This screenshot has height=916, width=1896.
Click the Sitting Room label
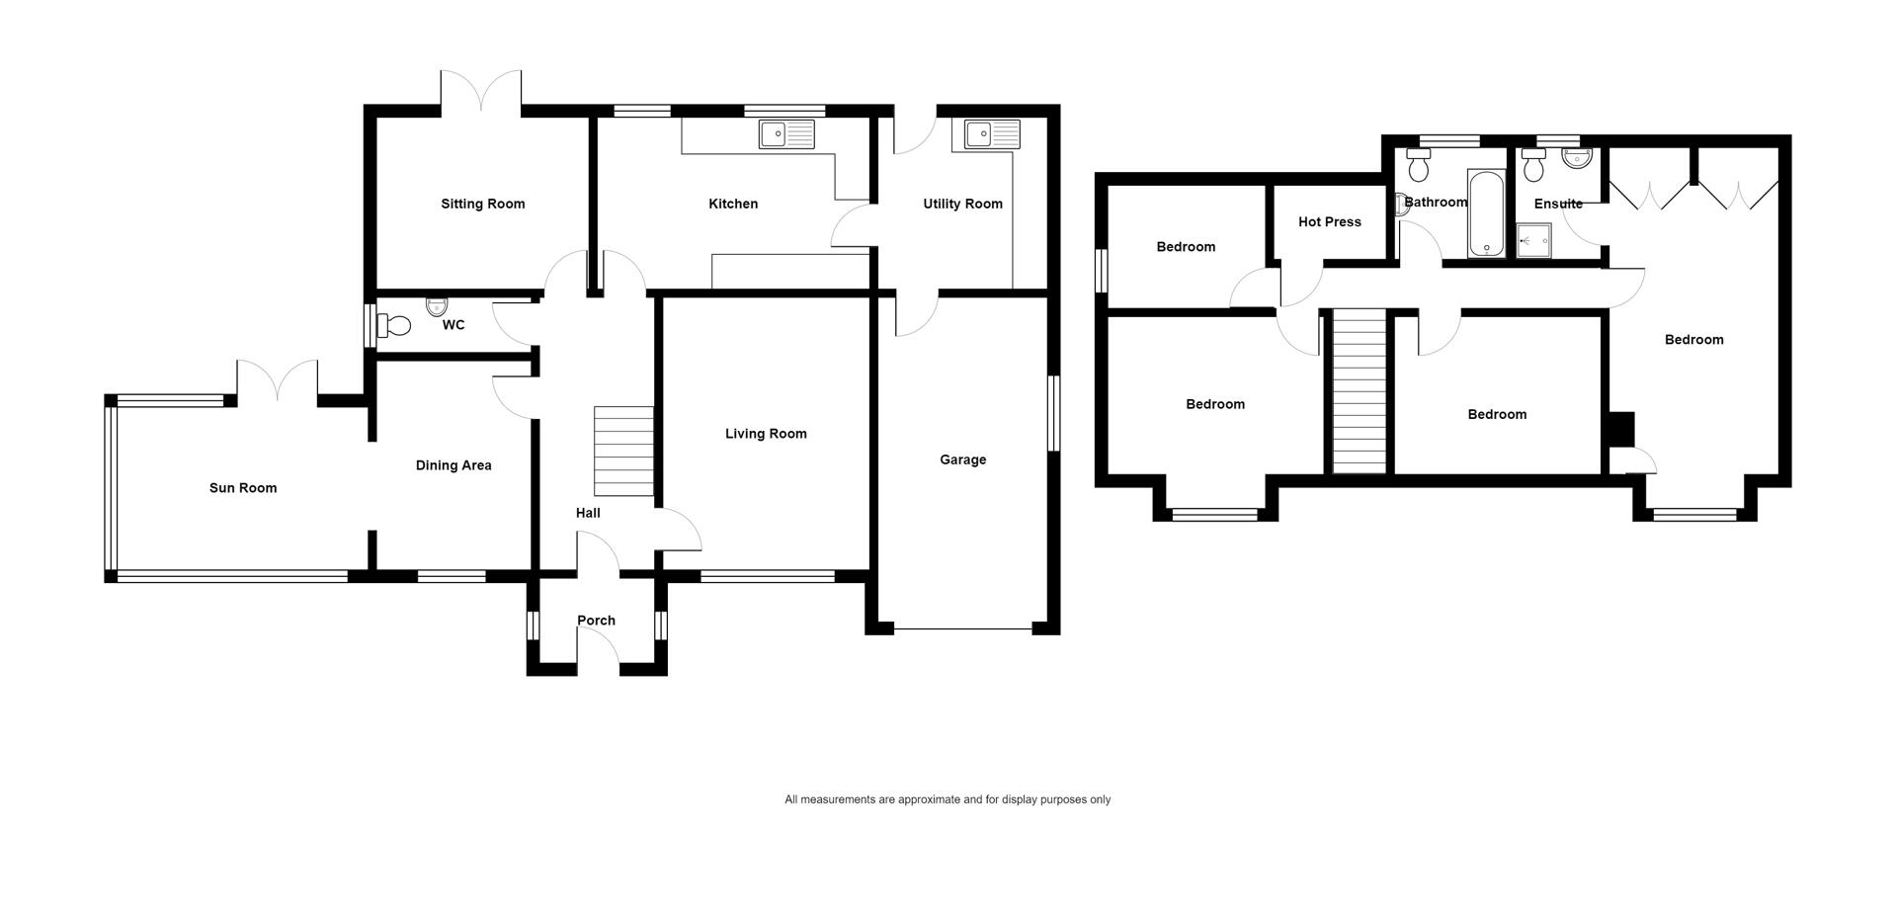point(483,205)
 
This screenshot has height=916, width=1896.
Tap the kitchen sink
point(786,134)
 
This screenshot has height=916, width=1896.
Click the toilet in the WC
point(395,325)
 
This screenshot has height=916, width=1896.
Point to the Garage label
point(963,459)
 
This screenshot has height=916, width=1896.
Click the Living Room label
point(766,434)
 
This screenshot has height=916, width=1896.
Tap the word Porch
point(596,621)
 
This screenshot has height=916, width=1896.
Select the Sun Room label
point(243,488)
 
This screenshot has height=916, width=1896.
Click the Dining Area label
point(453,465)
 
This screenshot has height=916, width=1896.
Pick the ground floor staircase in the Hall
point(623,451)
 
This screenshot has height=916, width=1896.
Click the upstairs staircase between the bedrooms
point(1360,391)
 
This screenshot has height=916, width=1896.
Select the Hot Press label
point(1330,222)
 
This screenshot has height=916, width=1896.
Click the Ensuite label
point(1558,205)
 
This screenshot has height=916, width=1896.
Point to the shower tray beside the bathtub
point(1534,241)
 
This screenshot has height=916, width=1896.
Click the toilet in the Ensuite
point(1533,166)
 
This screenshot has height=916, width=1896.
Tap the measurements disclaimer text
point(948,800)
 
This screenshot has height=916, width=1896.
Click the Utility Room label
point(962,205)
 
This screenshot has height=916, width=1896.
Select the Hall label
point(588,513)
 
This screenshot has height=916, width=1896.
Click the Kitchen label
point(733,205)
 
